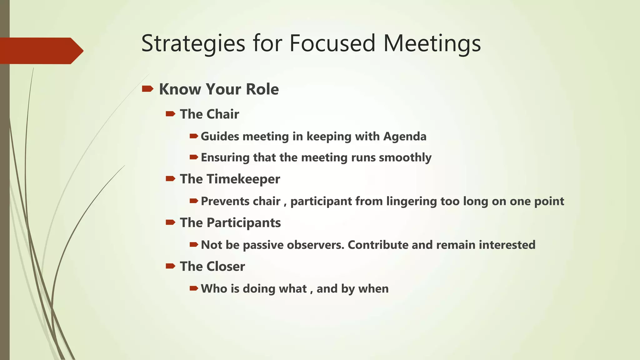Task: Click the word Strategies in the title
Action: (x=193, y=44)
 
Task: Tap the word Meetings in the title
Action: (x=432, y=44)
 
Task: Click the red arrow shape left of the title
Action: (x=41, y=51)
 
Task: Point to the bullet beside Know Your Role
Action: (x=147, y=89)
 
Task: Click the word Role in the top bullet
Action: (x=262, y=89)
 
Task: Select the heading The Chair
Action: (x=209, y=114)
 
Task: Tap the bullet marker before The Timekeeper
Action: (x=171, y=179)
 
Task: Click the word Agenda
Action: (x=405, y=137)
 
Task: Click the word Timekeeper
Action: (x=243, y=179)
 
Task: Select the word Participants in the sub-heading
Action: (x=243, y=223)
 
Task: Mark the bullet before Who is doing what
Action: (x=194, y=288)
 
